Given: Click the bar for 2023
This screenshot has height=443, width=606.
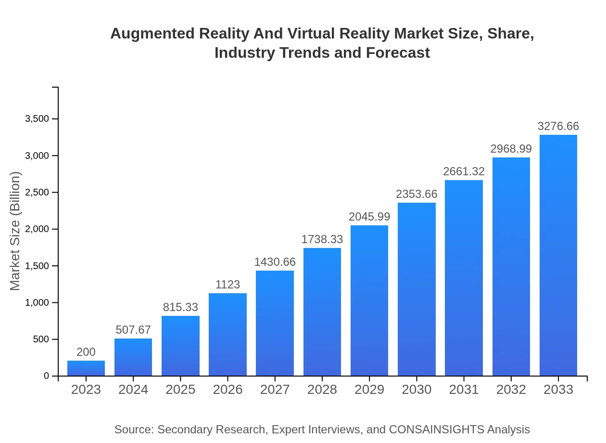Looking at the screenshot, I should pyautogui.click(x=86, y=368).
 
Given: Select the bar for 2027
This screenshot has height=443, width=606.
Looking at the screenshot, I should pyautogui.click(x=275, y=323).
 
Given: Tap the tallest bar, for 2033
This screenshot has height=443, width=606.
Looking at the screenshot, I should pyautogui.click(x=558, y=255).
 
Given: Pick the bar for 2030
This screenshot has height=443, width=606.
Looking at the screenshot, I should pyautogui.click(x=417, y=289).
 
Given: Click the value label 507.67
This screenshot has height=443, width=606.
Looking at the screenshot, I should pyautogui.click(x=133, y=330).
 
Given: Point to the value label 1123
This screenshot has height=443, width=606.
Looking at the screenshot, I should pyautogui.click(x=227, y=285).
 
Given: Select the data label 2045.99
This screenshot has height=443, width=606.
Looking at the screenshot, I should pyautogui.click(x=369, y=217).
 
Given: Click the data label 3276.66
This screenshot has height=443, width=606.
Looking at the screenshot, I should pyautogui.click(x=558, y=127).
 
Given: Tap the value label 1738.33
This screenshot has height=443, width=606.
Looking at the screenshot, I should pyautogui.click(x=322, y=240).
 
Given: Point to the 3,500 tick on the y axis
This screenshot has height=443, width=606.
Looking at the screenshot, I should pyautogui.click(x=37, y=119).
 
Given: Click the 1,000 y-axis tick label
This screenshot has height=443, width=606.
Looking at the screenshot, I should pyautogui.click(x=37, y=303).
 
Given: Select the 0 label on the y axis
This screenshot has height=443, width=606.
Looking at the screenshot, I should pyautogui.click(x=46, y=376).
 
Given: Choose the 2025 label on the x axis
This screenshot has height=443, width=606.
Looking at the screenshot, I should pyautogui.click(x=180, y=390).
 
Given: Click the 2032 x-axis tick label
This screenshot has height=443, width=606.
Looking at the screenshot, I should pyautogui.click(x=511, y=390).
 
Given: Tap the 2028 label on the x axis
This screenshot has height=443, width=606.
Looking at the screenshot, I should pyautogui.click(x=322, y=390).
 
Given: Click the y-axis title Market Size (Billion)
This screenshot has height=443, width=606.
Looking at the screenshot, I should pyautogui.click(x=15, y=231).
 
